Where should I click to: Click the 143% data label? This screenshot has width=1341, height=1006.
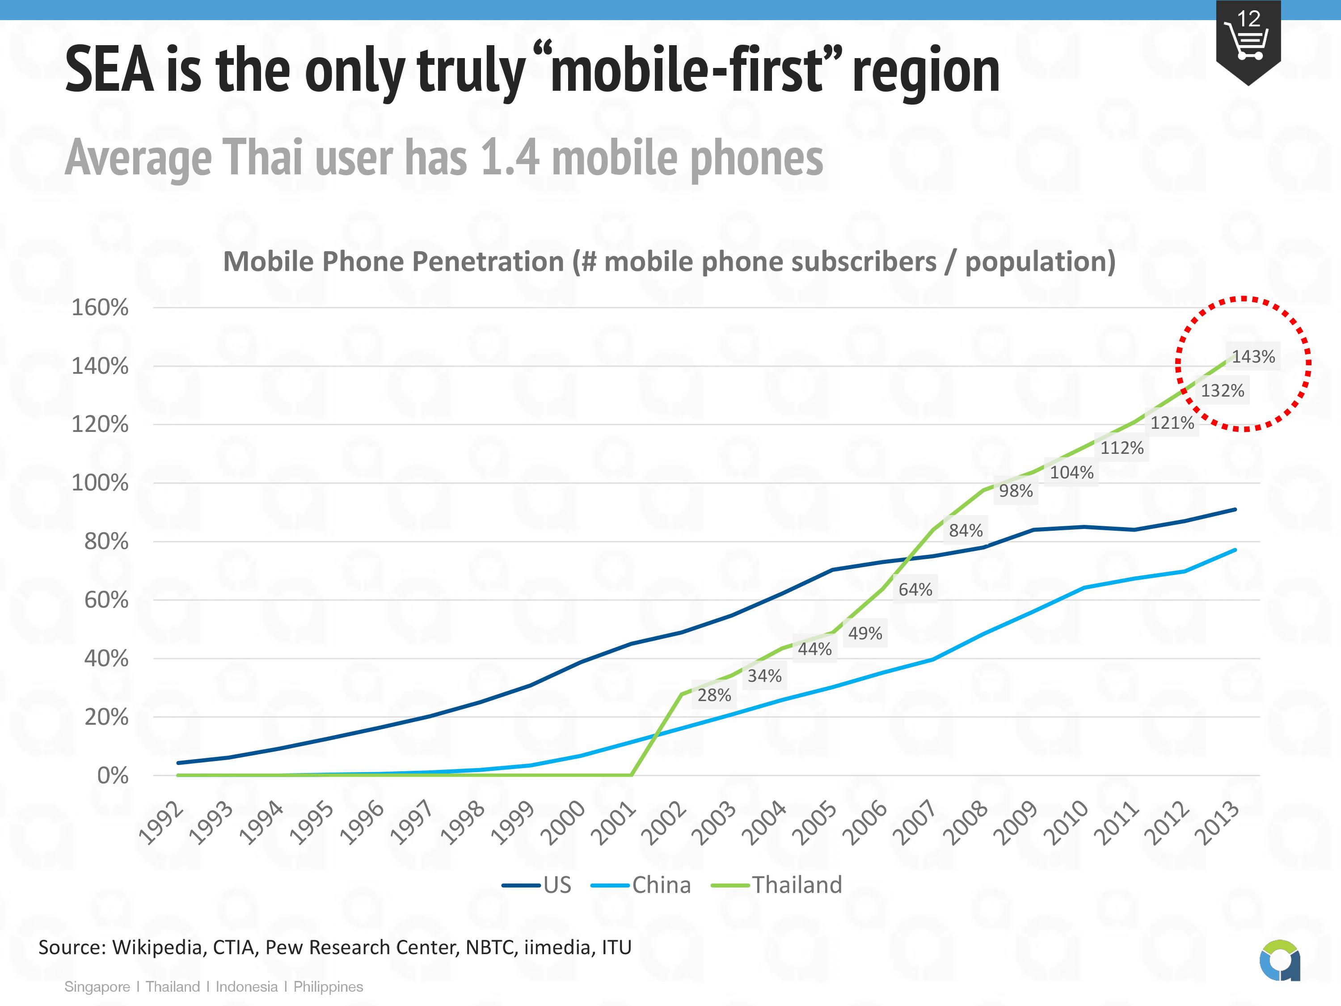click(x=1253, y=356)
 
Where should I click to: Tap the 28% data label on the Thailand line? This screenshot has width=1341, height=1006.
click(x=714, y=695)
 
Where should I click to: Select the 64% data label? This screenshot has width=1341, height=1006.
click(x=915, y=589)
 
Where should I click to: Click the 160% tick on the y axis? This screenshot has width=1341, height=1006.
click(x=100, y=308)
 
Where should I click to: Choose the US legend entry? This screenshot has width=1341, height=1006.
click(x=557, y=885)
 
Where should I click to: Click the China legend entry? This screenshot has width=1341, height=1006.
click(x=661, y=885)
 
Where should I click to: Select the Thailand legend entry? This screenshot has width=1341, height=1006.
click(x=797, y=885)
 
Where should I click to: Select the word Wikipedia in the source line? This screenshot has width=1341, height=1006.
click(x=156, y=947)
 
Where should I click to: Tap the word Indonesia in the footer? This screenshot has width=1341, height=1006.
click(x=246, y=987)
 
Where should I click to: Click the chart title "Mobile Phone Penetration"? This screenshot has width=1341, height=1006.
click(x=393, y=262)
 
